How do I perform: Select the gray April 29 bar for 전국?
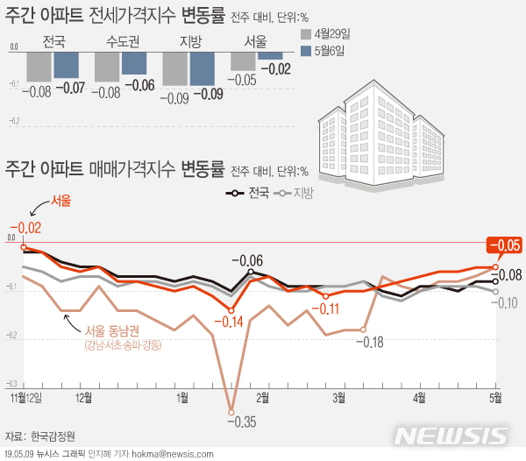(x=39, y=66)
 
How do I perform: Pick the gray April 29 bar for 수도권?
(x=107, y=66)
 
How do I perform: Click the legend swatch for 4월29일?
(x=305, y=35)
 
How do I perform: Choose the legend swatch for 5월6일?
(x=305, y=52)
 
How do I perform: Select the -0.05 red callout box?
(x=505, y=245)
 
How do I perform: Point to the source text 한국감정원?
(x=53, y=436)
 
